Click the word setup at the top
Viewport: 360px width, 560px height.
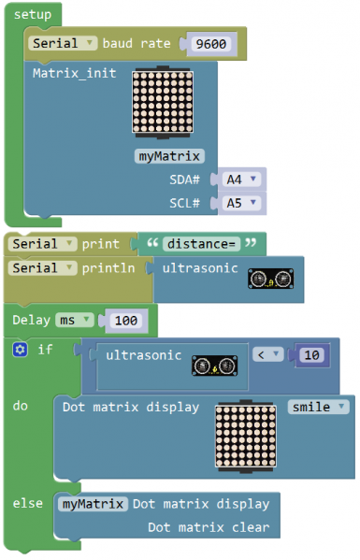pyautogui.click(x=33, y=15)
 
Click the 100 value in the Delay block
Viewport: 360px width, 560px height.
pyautogui.click(x=125, y=321)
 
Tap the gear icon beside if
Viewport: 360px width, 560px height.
pyautogui.click(x=21, y=350)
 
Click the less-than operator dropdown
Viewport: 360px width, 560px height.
pyautogui.click(x=267, y=354)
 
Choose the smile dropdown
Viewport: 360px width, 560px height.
pyautogui.click(x=318, y=407)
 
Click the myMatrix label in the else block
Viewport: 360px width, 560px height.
pyautogui.click(x=93, y=504)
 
